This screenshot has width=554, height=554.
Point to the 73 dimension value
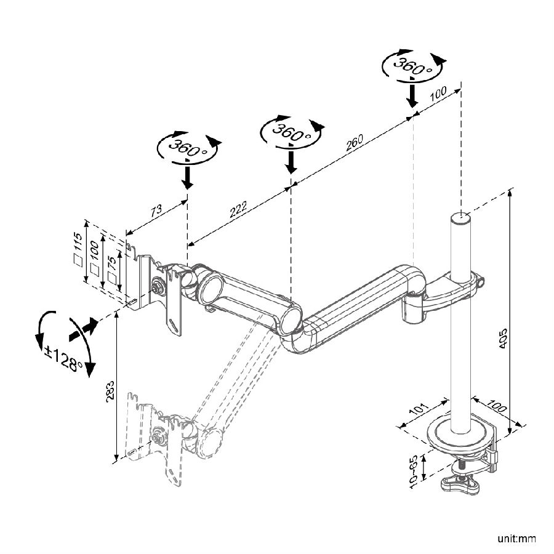tap(156, 209)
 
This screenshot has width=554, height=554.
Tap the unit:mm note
tap(516, 540)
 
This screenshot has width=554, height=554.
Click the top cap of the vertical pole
tap(460, 218)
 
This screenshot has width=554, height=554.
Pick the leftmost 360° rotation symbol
tap(187, 148)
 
